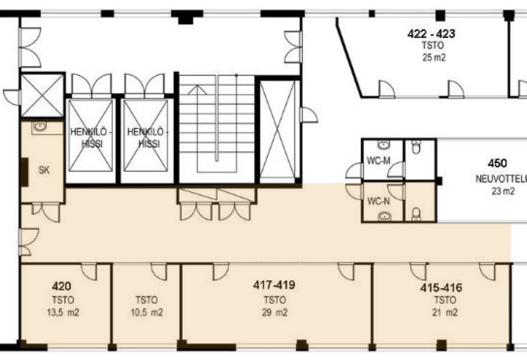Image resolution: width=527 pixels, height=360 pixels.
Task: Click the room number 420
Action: point(62,286)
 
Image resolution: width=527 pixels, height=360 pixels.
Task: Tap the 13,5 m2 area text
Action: point(63,313)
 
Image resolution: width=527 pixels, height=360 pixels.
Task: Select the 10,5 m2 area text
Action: point(147,313)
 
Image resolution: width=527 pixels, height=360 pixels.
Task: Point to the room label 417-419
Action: point(274,285)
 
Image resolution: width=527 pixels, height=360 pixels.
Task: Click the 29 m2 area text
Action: point(275,313)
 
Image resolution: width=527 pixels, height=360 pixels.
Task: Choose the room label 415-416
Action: point(441,288)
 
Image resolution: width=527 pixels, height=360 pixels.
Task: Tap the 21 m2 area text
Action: point(445,313)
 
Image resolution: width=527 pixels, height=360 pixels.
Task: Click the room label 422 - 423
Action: point(431,34)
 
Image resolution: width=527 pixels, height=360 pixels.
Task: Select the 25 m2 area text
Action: point(434,58)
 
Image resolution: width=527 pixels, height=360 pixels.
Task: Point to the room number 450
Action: point(497,163)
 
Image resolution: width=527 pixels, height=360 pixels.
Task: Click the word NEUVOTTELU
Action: point(501,179)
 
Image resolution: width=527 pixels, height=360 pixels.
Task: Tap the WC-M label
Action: point(378,161)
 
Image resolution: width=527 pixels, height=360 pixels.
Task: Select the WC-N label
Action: point(378,201)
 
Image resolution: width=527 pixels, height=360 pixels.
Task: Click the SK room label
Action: point(44,170)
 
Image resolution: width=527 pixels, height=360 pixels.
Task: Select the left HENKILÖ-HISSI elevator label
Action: point(90,138)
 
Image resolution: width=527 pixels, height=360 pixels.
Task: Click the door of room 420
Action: point(89,271)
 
